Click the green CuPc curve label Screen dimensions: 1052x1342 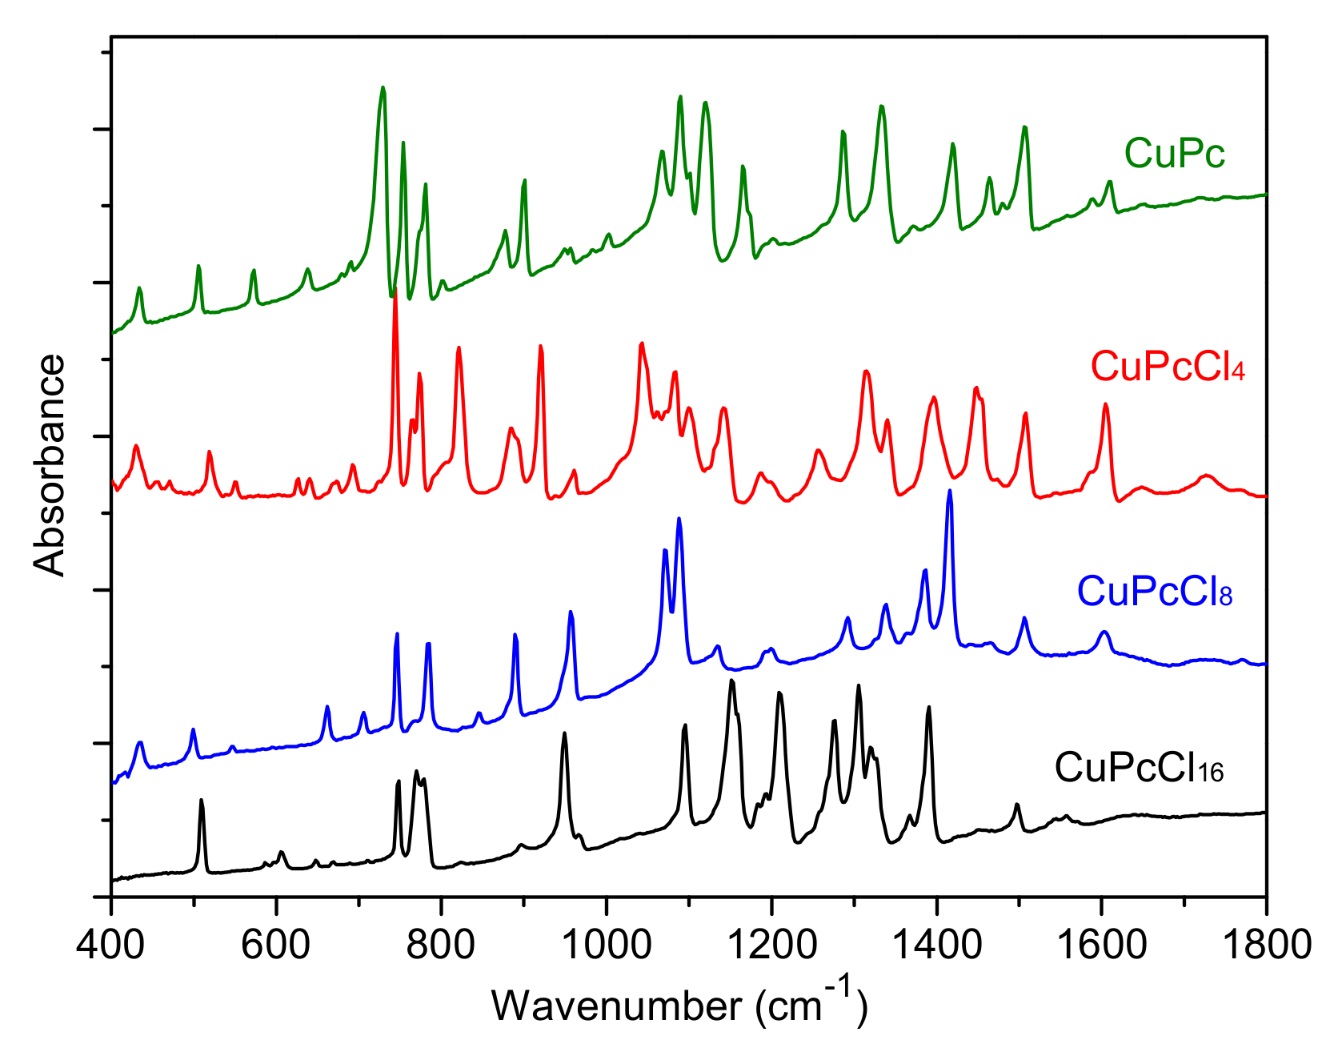(1174, 153)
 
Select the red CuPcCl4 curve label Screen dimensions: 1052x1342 (1168, 367)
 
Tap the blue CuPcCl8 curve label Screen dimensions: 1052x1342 (1154, 592)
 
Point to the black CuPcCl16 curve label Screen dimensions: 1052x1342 (1139, 767)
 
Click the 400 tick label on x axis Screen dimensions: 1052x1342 (111, 945)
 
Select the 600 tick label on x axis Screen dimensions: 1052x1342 (276, 945)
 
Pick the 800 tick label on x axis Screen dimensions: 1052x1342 (441, 945)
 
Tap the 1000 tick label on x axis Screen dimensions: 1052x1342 (607, 945)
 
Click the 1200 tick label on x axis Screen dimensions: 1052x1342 (771, 945)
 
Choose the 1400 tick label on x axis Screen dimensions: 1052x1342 (936, 945)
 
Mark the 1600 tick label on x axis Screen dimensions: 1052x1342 (1101, 945)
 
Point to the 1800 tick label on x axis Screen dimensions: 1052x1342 (1264, 945)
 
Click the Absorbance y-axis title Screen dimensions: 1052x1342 (50, 465)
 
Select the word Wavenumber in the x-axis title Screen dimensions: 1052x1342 (617, 1006)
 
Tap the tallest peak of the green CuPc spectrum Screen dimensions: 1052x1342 (383, 88)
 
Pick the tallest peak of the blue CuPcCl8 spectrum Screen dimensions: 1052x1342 (950, 491)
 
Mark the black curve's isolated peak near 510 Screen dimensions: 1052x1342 (202, 800)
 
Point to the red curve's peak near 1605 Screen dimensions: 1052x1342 (1106, 404)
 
